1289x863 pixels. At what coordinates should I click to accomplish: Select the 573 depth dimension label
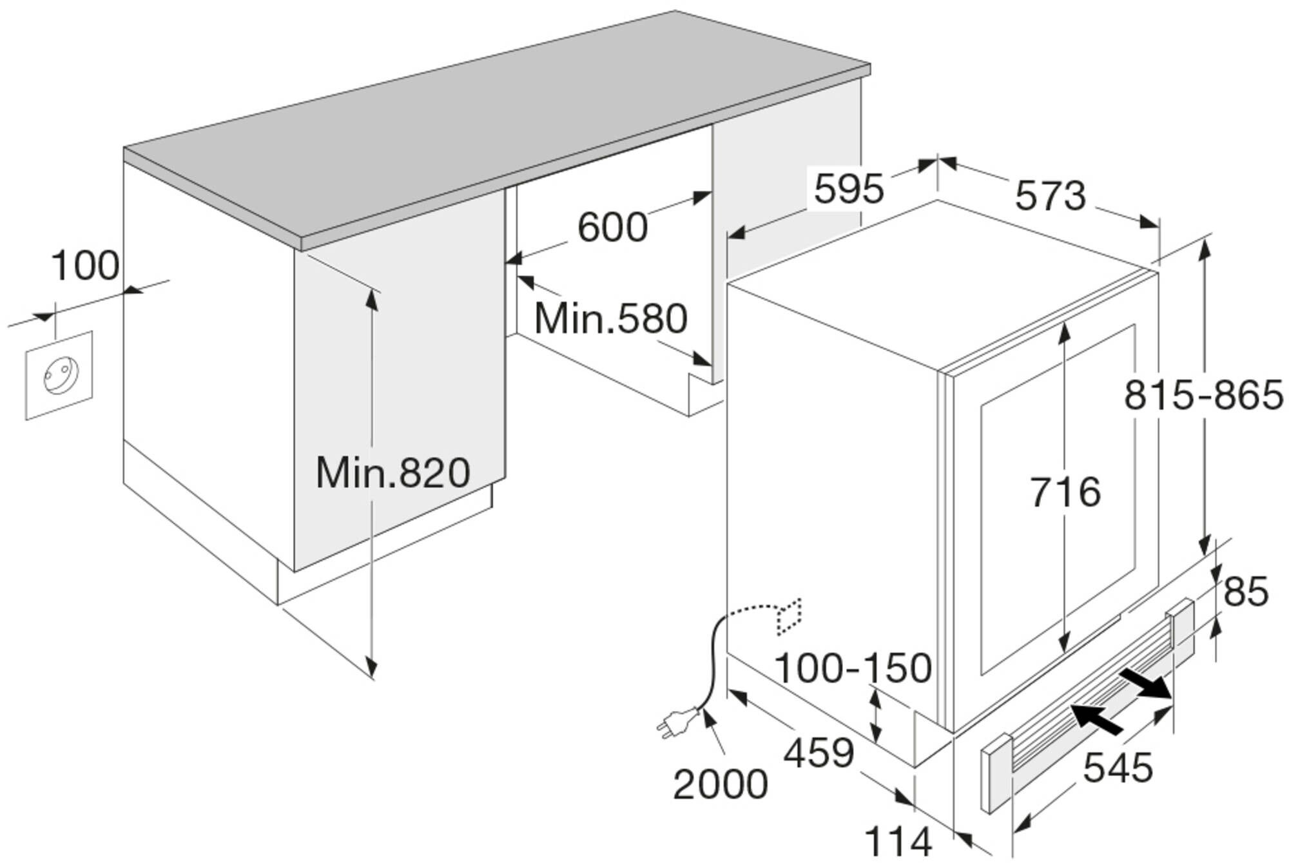1051,196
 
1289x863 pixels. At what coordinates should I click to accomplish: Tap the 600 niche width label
612,227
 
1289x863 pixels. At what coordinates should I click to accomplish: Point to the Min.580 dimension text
611,318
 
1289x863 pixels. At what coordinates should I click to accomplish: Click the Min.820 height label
393,472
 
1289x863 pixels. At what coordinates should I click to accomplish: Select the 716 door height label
1065,492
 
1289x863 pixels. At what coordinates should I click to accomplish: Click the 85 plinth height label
1245,592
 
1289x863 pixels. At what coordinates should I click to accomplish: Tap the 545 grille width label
1118,768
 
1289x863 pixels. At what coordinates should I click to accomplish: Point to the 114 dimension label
898,842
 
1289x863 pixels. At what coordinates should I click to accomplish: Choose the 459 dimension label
819,752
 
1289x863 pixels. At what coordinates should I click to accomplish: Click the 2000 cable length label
721,784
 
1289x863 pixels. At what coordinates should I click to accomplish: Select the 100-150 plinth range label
853,668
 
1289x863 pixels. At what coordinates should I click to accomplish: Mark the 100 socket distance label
85,266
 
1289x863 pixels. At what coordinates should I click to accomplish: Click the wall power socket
59,376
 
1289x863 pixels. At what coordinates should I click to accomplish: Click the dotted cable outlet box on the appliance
790,617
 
